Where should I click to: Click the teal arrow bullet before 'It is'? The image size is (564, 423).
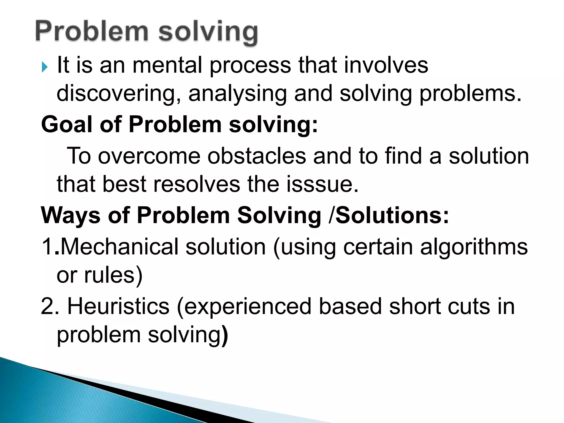pos(45,67)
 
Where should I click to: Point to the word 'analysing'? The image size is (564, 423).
pos(238,94)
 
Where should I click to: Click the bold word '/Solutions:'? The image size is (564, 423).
pos(389,215)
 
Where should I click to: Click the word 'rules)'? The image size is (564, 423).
pos(113,275)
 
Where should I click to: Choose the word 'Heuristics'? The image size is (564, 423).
pos(118,307)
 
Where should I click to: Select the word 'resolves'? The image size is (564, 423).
pos(197,184)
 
